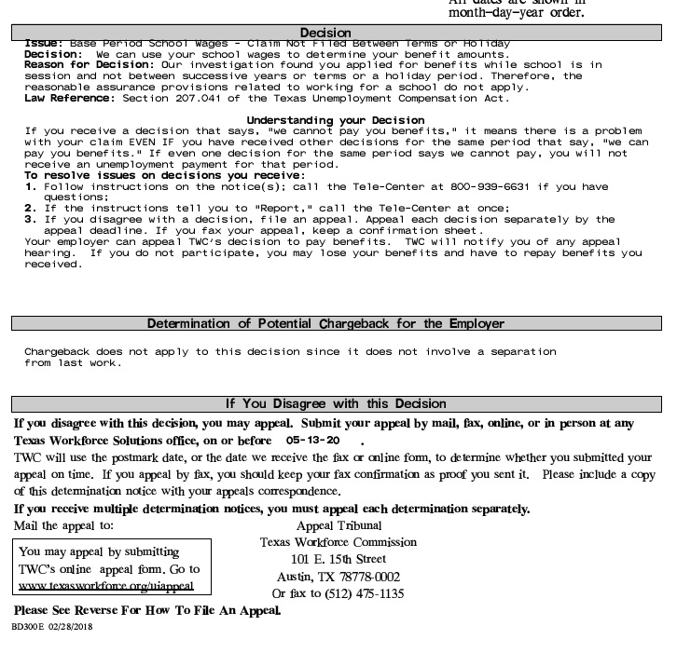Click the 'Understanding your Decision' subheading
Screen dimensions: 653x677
[x=335, y=120]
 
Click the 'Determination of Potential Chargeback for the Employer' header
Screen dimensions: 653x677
[x=325, y=323]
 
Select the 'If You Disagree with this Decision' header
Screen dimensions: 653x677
[x=337, y=403]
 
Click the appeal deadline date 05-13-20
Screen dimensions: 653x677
[x=312, y=440]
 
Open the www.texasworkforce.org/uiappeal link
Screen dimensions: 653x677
[x=106, y=585]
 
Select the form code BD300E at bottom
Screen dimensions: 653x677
[x=29, y=627]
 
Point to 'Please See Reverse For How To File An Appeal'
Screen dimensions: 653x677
[x=146, y=610]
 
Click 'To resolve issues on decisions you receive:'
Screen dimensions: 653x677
[x=164, y=175]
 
